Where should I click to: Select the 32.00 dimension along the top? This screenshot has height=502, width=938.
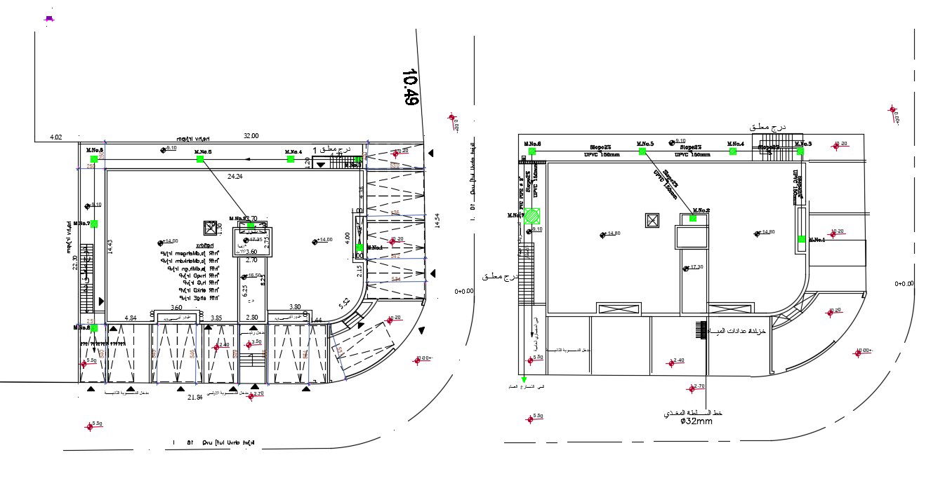251,136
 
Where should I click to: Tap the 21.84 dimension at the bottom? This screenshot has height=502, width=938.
194,398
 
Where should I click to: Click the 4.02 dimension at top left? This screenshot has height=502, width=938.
56,137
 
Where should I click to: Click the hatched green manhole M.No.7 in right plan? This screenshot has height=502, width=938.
534,215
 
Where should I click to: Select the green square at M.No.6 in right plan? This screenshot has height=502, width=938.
531,151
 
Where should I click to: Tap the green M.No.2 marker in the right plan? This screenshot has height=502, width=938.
693,218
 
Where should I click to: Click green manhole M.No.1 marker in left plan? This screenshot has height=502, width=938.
359,247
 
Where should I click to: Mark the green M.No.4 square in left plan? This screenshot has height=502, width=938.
291,159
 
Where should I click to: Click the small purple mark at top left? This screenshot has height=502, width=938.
49,19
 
